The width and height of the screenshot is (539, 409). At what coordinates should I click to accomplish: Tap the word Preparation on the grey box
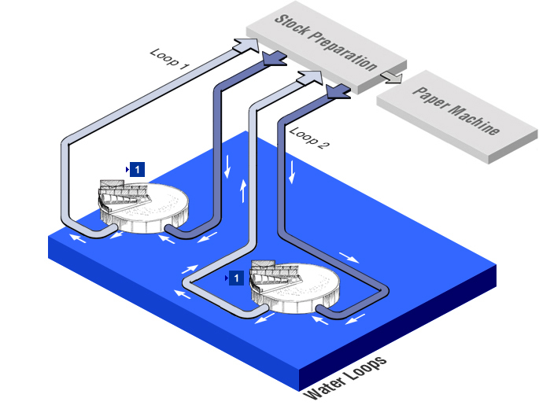(344, 53)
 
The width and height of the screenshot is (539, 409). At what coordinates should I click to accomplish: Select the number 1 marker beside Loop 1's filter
(137, 168)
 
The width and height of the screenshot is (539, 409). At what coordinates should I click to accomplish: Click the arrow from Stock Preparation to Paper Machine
(390, 76)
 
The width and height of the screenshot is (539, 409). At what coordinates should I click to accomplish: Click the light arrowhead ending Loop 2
(311, 77)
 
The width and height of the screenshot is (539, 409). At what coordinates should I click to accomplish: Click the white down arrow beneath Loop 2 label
(293, 173)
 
